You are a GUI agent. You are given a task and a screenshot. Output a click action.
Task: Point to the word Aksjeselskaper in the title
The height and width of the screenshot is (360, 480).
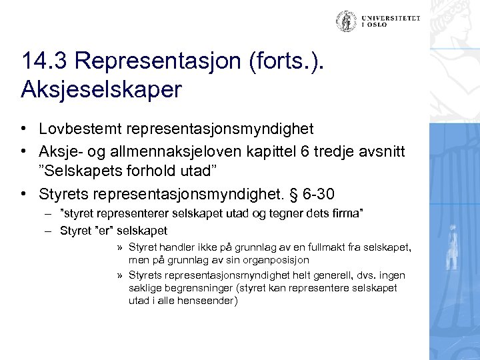coord(101,89)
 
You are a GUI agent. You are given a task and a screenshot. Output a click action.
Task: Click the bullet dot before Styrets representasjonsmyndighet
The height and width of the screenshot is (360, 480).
coord(24,194)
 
